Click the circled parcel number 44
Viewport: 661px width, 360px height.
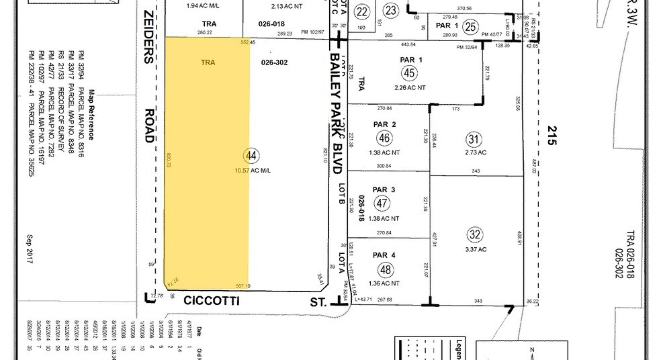(x=252, y=156)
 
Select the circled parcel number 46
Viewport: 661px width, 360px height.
(x=384, y=138)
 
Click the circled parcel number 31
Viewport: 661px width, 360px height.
(x=475, y=139)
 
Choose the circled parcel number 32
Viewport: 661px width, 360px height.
(x=476, y=235)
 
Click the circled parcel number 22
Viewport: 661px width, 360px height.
(x=363, y=11)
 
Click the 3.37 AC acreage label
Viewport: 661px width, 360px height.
(x=476, y=251)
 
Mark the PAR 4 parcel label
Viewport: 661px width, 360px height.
(x=384, y=255)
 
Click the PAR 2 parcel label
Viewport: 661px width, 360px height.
(x=384, y=124)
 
